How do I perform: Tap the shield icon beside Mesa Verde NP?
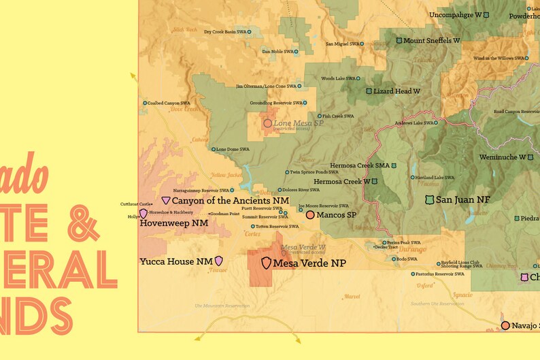(x=266, y=263)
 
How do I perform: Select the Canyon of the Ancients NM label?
(x=230, y=201)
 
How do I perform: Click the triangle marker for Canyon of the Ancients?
(x=166, y=201)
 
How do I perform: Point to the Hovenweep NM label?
(x=173, y=223)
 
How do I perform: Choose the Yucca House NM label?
(x=176, y=261)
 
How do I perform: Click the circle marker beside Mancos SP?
(x=310, y=215)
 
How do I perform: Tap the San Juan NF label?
(x=462, y=199)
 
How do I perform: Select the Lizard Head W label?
(x=397, y=91)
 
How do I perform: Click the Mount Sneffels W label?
(x=431, y=41)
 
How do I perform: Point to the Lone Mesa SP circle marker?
(x=267, y=123)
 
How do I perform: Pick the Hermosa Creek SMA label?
(x=360, y=165)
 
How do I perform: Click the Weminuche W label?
(x=502, y=157)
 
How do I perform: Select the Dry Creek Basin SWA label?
(x=224, y=32)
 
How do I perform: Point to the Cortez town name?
(x=253, y=233)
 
